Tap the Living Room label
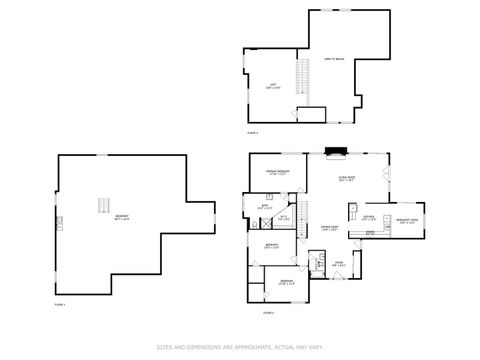347,180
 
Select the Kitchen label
368,218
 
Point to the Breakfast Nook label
408,222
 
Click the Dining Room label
328,229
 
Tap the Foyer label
339,264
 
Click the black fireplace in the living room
336,154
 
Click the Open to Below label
333,59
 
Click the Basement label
122,218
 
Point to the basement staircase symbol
100,205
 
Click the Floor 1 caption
59,304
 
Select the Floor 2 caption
268,313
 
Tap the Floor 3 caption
252,133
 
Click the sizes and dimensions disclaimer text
239,348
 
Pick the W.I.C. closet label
283,217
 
